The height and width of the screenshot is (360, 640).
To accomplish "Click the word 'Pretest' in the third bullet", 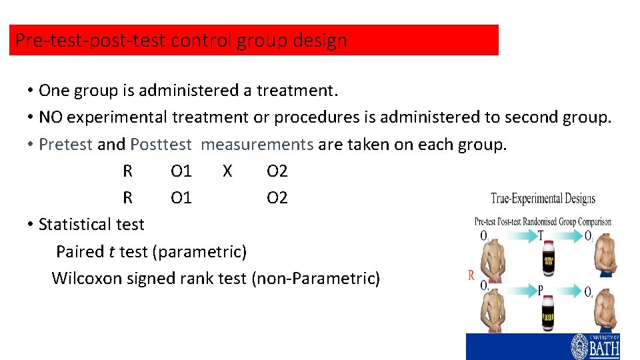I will [x=66, y=144].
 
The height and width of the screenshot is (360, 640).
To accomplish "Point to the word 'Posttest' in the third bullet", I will [x=161, y=144].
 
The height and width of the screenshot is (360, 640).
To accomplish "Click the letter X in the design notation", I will [x=227, y=171].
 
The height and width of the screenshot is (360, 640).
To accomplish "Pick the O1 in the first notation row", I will [x=181, y=171].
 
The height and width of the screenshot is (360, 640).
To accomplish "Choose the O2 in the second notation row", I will [x=277, y=198].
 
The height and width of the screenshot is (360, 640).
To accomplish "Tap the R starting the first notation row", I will [x=128, y=171].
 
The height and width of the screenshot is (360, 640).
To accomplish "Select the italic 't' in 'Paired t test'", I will [x=109, y=251].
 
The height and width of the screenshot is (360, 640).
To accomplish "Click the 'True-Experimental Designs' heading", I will [x=543, y=198].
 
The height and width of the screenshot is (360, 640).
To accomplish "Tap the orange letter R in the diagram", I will [x=471, y=275].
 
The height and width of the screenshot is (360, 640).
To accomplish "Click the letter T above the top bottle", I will [x=541, y=235].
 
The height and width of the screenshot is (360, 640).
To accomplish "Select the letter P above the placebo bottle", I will [x=540, y=289].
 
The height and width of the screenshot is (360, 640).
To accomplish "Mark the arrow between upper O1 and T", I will [x=511, y=236].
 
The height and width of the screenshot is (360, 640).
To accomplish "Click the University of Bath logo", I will [x=595, y=345].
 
